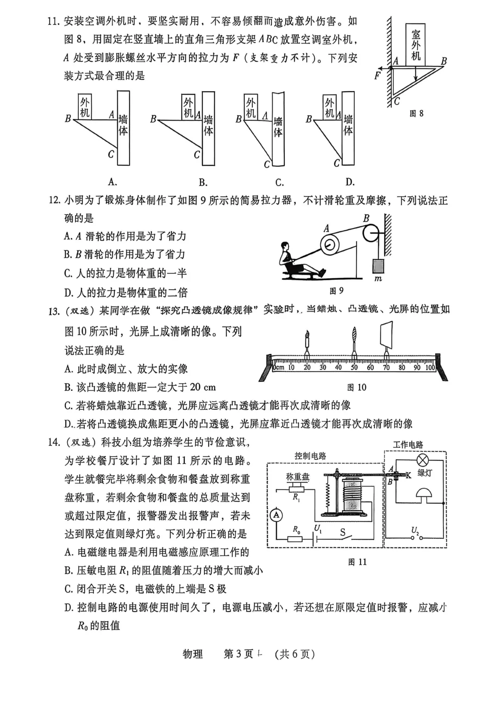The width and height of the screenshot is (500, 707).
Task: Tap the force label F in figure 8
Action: [x=378, y=75]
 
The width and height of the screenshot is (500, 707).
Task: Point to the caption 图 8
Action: [x=416, y=113]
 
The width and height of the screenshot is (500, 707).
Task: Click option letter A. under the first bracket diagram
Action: [x=112, y=181]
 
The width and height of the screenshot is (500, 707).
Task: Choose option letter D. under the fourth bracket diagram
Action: [x=350, y=182]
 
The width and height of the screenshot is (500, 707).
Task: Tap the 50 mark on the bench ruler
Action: [x=354, y=368]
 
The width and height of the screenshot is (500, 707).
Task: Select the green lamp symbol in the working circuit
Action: [x=422, y=460]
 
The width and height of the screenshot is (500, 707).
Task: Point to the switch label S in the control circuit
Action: [x=343, y=532]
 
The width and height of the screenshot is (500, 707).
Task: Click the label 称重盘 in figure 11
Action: [x=298, y=476]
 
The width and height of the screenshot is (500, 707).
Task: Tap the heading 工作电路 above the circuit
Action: [x=408, y=444]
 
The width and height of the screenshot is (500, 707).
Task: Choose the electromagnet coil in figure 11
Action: [x=351, y=494]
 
